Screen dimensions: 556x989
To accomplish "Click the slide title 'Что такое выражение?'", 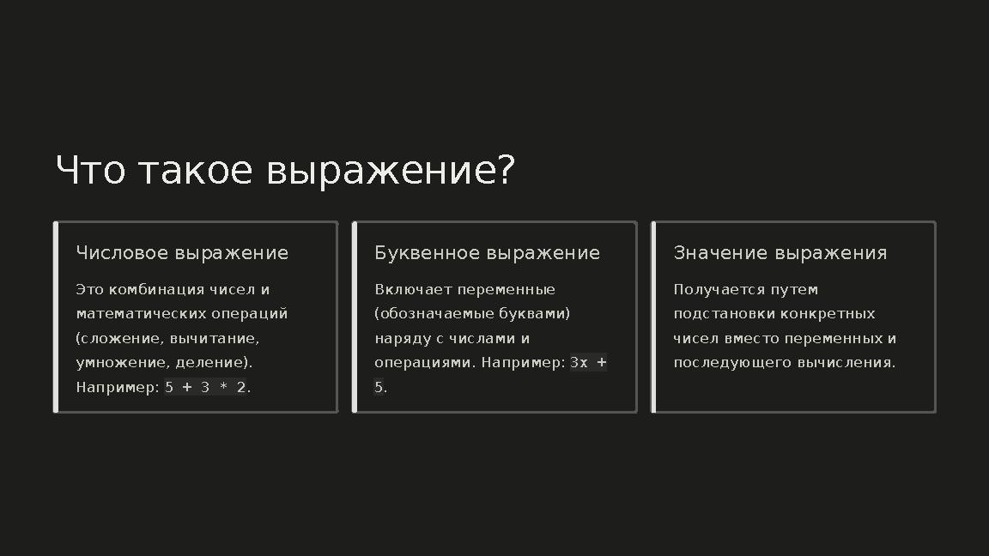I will click(284, 171).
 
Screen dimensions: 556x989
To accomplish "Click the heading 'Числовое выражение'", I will click(182, 253).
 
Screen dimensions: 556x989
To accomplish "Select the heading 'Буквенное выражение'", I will click(487, 253).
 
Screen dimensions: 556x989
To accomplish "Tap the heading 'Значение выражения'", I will click(780, 253).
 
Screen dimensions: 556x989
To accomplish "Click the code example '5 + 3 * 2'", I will click(204, 387).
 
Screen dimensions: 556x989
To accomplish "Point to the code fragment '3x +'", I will click(588, 362).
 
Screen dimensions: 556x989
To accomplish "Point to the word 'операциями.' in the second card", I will click(424, 362).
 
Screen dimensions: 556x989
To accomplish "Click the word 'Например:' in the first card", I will click(118, 387).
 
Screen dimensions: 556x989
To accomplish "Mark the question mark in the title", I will click(506, 171).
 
